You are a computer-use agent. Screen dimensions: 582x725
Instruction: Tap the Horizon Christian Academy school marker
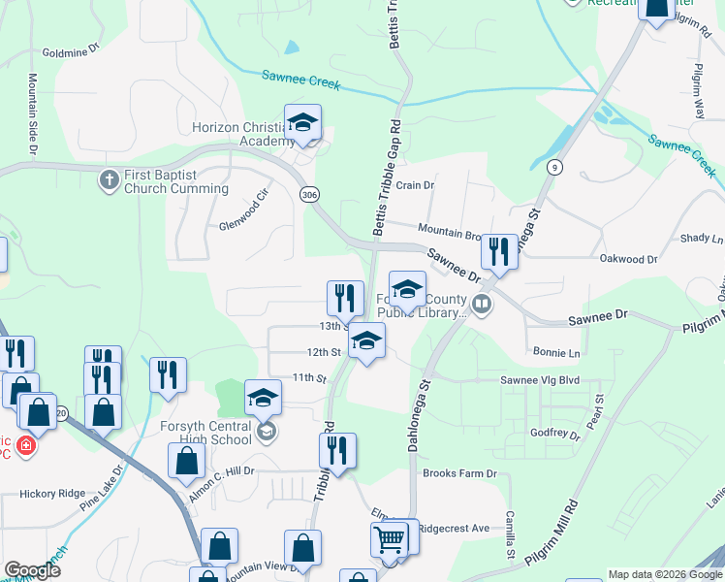[x=302, y=124]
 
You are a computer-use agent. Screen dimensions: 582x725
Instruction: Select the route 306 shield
[x=309, y=195]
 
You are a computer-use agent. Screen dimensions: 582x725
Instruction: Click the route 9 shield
[x=553, y=167]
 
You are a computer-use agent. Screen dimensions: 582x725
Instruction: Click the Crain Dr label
[x=415, y=185]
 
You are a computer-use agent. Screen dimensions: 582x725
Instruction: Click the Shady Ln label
[x=702, y=238]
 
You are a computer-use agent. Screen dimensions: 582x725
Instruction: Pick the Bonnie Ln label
[x=555, y=352]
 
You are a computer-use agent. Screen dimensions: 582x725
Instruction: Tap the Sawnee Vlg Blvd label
[x=539, y=380]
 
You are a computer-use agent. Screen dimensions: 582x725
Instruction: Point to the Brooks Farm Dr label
[x=459, y=473]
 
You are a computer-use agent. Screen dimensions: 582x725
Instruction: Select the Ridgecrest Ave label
[x=455, y=528]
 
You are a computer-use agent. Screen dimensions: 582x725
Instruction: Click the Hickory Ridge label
[x=52, y=494]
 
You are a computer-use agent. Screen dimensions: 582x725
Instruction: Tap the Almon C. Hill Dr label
[x=220, y=471]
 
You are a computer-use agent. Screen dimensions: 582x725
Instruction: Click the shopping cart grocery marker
[x=390, y=538]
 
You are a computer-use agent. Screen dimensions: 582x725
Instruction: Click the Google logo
[x=33, y=570]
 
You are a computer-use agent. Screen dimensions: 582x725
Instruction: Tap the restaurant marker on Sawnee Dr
[x=498, y=252]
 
